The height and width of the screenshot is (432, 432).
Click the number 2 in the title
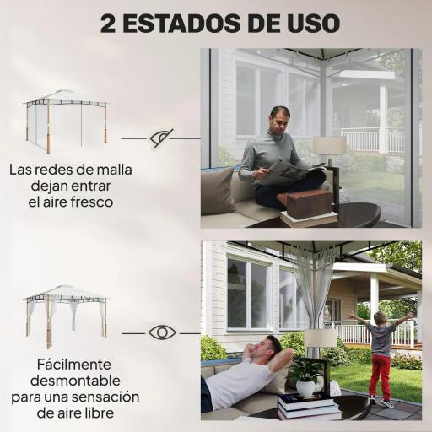point(109,23)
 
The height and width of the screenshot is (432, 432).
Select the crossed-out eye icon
point(161,138)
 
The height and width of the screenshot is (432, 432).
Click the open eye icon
point(161,332)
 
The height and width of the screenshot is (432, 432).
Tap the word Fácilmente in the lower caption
point(71,364)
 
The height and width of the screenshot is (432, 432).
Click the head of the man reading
point(279,117)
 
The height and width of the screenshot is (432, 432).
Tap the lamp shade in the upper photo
point(330,145)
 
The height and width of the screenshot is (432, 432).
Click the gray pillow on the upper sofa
point(217,191)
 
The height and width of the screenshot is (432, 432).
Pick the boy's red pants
point(381,375)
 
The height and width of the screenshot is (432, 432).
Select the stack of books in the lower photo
point(308,406)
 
